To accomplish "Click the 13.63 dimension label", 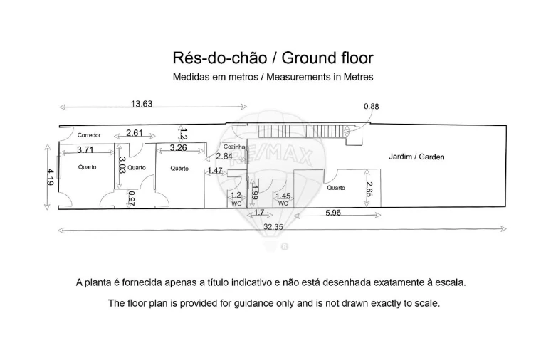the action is point(142,103).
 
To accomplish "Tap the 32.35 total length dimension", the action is point(273,227).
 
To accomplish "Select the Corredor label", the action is point(89,135).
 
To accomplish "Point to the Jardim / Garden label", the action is point(416,157).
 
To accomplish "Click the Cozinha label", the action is point(234,147).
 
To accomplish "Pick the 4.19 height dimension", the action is point(50,177).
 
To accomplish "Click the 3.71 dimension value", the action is point(85,149).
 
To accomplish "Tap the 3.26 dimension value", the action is point(179,147).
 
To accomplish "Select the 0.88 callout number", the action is point(372,107).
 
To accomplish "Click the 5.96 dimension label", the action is point(333,213).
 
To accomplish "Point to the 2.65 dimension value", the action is point(369,189).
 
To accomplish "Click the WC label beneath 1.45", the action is point(283,203).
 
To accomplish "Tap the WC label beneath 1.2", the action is point(236,203).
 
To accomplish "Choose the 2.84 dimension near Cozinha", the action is point(224,156).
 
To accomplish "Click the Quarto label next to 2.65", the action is point(336,188).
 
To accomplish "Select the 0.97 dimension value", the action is point(132,198).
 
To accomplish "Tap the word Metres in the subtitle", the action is point(358,77).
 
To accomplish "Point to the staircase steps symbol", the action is point(302,132).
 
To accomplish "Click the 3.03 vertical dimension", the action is point(122,165).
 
